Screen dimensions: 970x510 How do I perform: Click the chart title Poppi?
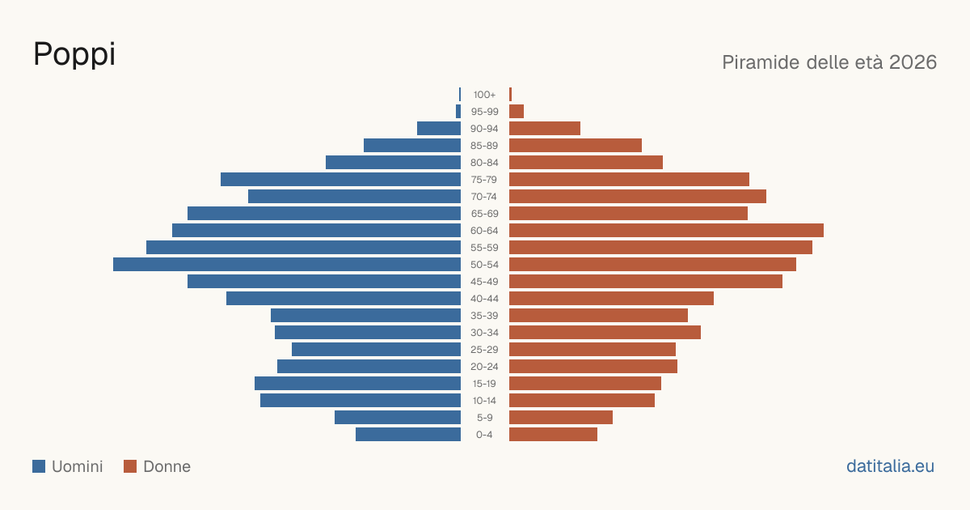pyautogui.click(x=74, y=55)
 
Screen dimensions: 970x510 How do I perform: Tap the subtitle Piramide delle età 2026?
pyautogui.click(x=829, y=62)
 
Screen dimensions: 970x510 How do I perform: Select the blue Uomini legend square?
pyautogui.click(x=39, y=466)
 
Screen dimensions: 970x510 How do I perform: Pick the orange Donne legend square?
pyautogui.click(x=130, y=466)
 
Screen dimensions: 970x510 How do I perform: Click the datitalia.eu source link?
pyautogui.click(x=890, y=466)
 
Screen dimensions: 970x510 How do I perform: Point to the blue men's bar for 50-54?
pyautogui.click(x=287, y=265)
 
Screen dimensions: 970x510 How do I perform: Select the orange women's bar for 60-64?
pyautogui.click(x=666, y=230)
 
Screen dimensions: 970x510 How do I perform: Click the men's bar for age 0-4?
pyautogui.click(x=408, y=435)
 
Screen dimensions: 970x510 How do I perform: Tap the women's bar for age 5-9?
pyautogui.click(x=561, y=418)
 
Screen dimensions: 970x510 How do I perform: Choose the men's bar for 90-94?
pyautogui.click(x=439, y=129)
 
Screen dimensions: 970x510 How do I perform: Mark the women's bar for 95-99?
pyautogui.click(x=517, y=112)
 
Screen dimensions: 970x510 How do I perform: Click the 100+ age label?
pyautogui.click(x=484, y=95)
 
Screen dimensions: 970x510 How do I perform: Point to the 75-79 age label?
pyautogui.click(x=484, y=180)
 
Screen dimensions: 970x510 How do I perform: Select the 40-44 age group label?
pyautogui.click(x=484, y=299)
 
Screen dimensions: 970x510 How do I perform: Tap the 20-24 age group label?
pyautogui.click(x=484, y=367)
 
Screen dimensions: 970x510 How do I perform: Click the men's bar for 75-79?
pyautogui.click(x=340, y=180)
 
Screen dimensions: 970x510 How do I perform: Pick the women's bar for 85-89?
pyautogui.click(x=576, y=145)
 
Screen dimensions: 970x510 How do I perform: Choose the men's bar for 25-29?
pyautogui.click(x=376, y=350)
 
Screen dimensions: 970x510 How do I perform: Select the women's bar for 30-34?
pyautogui.click(x=605, y=333)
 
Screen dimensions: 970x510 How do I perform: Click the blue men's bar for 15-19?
pyautogui.click(x=357, y=384)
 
